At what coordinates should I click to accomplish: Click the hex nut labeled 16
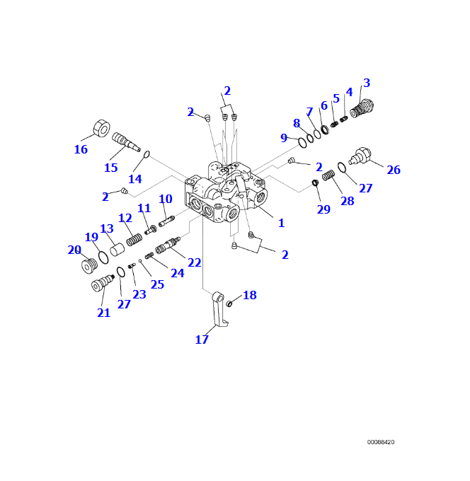(101, 129)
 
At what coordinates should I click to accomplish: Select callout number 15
(110, 168)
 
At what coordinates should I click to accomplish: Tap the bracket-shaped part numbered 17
(219, 311)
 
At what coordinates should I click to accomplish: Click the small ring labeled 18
(230, 304)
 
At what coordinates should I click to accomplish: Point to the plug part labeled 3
(362, 108)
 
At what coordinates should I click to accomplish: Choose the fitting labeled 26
(361, 155)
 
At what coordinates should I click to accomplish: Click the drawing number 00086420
(381, 442)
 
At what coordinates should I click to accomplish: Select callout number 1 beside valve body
(281, 224)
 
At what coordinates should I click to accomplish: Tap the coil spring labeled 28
(328, 175)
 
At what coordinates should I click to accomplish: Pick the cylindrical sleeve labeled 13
(117, 250)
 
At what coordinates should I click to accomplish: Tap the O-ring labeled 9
(302, 143)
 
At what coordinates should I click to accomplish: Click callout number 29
(323, 209)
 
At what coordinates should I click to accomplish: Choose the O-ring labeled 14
(147, 154)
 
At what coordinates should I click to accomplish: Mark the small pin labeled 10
(166, 221)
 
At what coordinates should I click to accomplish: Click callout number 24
(177, 273)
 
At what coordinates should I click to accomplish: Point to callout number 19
(91, 237)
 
